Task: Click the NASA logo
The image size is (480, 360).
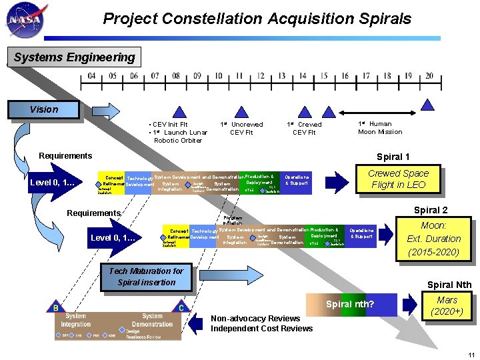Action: click(x=25, y=21)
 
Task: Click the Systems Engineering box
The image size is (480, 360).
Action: click(x=74, y=57)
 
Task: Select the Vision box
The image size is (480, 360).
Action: click(x=43, y=109)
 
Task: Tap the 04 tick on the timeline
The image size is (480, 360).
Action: click(x=92, y=76)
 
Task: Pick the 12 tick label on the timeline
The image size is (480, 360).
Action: click(x=261, y=76)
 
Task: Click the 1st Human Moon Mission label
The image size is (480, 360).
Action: click(x=380, y=127)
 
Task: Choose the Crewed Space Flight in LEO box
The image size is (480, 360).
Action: click(x=398, y=179)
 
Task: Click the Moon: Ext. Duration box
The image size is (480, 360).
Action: click(x=433, y=239)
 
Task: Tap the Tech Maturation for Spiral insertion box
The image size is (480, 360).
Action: click(x=146, y=277)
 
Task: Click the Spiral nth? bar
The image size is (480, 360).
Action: click(x=351, y=305)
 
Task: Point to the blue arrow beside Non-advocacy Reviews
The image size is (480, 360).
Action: click(x=196, y=323)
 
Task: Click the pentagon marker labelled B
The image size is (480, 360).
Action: click(x=55, y=307)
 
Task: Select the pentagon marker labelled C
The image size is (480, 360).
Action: click(x=181, y=307)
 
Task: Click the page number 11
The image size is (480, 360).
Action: click(x=471, y=354)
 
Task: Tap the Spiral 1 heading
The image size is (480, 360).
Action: click(x=393, y=157)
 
